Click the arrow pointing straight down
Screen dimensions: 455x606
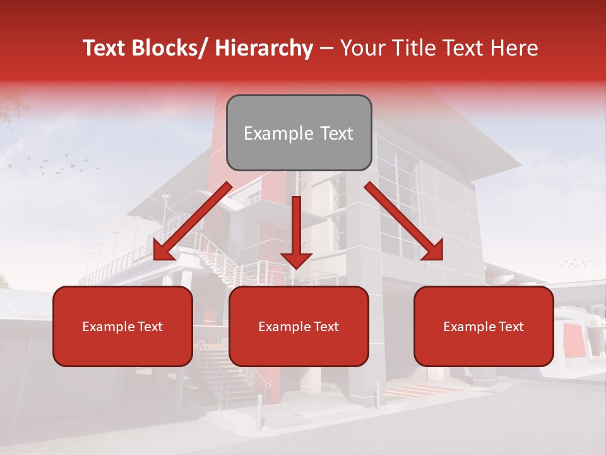[x=296, y=234]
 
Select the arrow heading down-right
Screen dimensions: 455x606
[x=405, y=222]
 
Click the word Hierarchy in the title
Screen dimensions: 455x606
[x=264, y=49]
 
